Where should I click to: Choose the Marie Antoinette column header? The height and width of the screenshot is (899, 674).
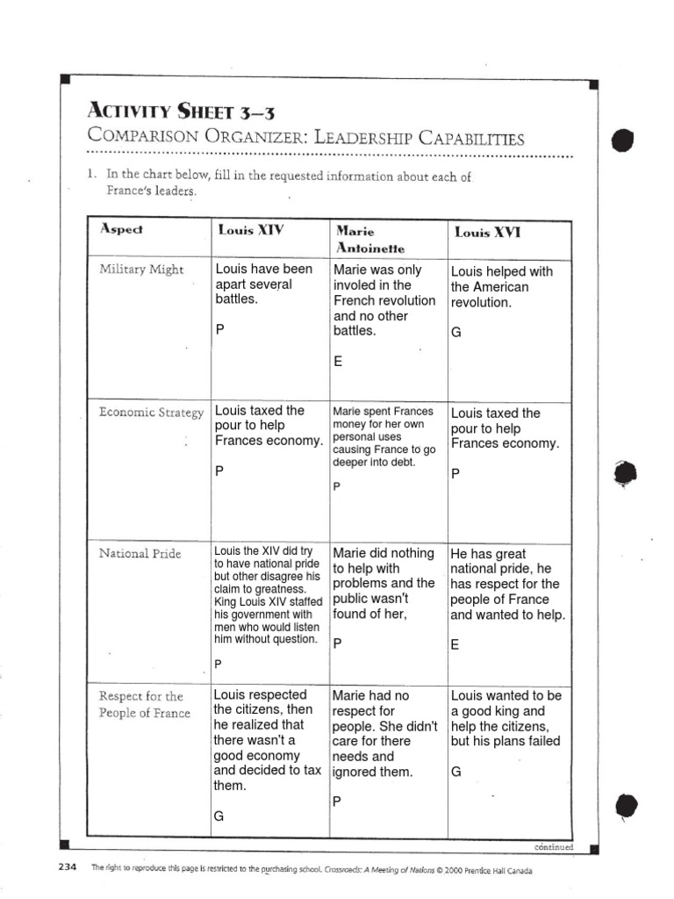(x=357, y=240)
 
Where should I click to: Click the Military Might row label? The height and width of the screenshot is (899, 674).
(x=141, y=270)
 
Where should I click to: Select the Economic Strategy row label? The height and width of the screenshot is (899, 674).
(x=151, y=412)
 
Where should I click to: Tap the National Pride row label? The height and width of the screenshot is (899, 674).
(x=140, y=554)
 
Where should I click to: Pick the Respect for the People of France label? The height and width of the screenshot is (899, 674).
(x=144, y=704)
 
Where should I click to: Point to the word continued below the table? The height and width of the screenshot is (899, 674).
(x=553, y=847)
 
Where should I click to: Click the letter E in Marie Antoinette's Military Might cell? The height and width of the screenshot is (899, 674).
(x=338, y=362)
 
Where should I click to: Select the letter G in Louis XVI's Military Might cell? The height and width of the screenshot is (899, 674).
(x=455, y=334)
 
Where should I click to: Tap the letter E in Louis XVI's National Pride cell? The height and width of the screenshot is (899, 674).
(x=455, y=645)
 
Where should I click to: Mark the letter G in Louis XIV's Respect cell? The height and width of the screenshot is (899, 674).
(x=219, y=816)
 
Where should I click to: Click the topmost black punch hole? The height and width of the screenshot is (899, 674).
(x=620, y=139)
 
